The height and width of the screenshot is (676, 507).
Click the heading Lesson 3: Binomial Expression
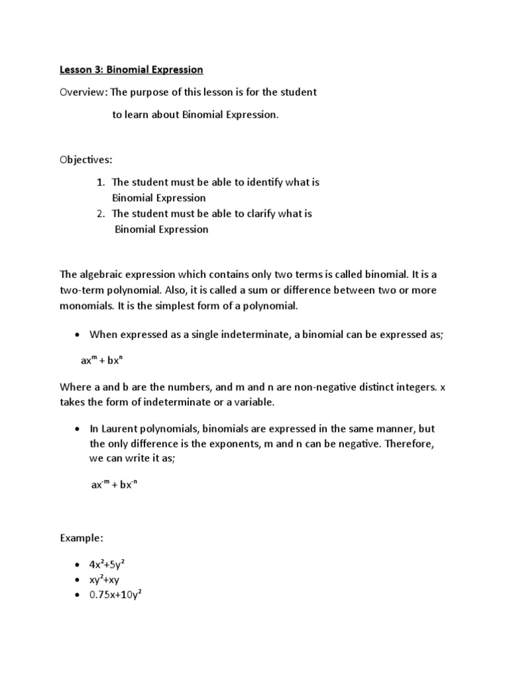[x=131, y=69]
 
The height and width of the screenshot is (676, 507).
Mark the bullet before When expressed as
[x=78, y=335]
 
